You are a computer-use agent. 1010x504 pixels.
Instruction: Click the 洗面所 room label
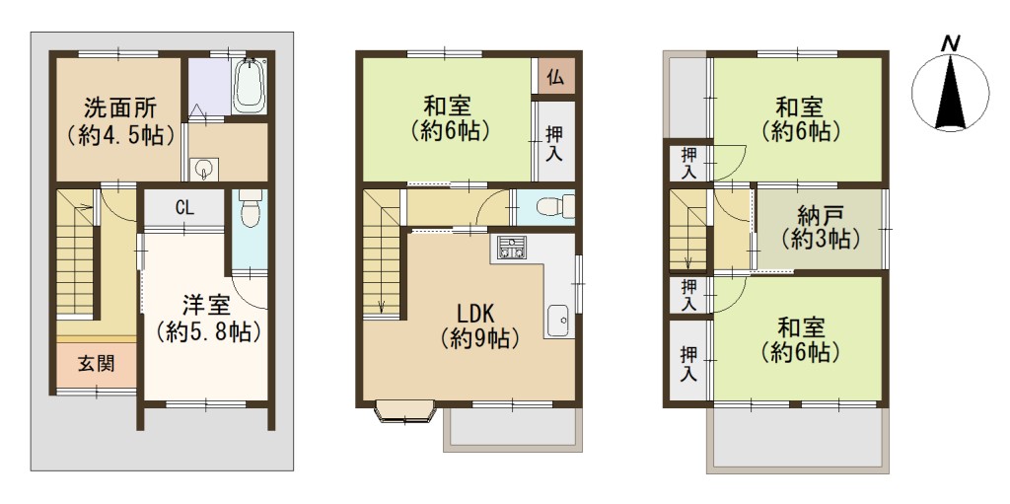(120, 105)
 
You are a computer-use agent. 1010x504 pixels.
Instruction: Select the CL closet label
(184, 207)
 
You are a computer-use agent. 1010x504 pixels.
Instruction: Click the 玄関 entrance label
(97, 364)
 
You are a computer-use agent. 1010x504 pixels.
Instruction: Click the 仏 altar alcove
(556, 77)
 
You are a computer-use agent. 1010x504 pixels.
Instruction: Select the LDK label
(475, 314)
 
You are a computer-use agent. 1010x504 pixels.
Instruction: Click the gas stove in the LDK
(512, 249)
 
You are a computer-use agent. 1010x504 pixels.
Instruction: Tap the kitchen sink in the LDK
(558, 320)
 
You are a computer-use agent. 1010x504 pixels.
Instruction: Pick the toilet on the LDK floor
(554, 206)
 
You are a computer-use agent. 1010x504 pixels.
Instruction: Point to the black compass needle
(951, 94)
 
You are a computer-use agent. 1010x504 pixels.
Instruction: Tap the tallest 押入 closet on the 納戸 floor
(687, 364)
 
